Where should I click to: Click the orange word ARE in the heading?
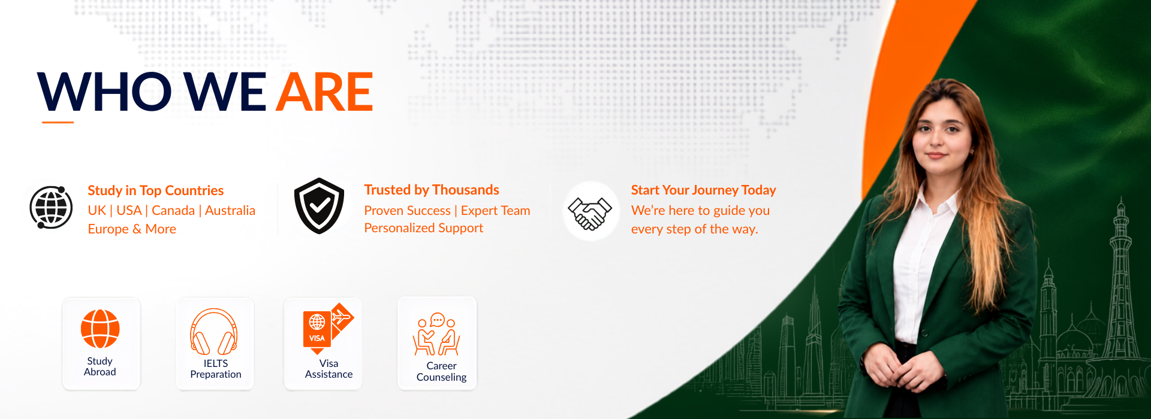pos(325,92)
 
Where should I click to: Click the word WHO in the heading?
pos(105,92)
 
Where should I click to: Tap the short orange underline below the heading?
pos(58,123)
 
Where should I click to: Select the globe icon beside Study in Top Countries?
pos(51,207)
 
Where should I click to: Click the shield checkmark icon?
pos(319,206)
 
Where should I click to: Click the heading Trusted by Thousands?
pos(432,190)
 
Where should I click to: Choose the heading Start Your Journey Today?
pos(703,190)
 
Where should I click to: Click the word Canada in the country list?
pos(173,211)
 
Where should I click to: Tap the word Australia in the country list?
pos(230,211)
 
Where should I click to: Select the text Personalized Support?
pos(423,228)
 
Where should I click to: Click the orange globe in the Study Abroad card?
pos(100,329)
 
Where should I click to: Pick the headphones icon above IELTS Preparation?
pos(214,332)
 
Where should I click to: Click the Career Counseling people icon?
pos(437,334)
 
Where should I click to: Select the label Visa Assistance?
pos(329,369)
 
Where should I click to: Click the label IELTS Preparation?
pos(216,369)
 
